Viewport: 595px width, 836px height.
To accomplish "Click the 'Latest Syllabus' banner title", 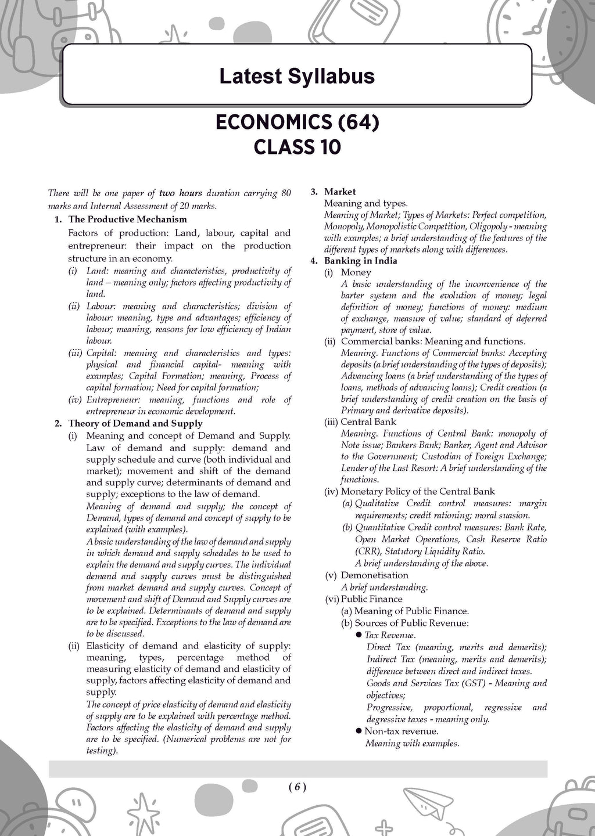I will pos(296,76).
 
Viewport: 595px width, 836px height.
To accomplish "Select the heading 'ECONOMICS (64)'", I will pos(297,122).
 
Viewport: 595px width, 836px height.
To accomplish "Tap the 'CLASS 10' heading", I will pos(297,147).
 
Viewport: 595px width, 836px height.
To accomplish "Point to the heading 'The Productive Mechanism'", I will pos(127,219).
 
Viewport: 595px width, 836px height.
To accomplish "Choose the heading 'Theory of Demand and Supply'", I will pos(135,423).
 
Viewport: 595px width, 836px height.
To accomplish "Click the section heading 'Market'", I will pos(340,192).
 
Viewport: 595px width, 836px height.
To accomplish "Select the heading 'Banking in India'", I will pos(361,261).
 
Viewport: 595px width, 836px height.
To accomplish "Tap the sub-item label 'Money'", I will pos(356,272).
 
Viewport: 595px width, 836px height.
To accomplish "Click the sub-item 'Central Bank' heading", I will pos(368,422).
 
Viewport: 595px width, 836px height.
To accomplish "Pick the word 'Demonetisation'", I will pos(374,575).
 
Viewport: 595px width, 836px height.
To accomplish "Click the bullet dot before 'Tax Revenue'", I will pos(359,635).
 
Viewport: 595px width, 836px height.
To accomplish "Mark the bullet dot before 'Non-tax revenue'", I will pos(359,732).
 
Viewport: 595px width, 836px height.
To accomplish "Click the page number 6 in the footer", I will pos(296,787).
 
